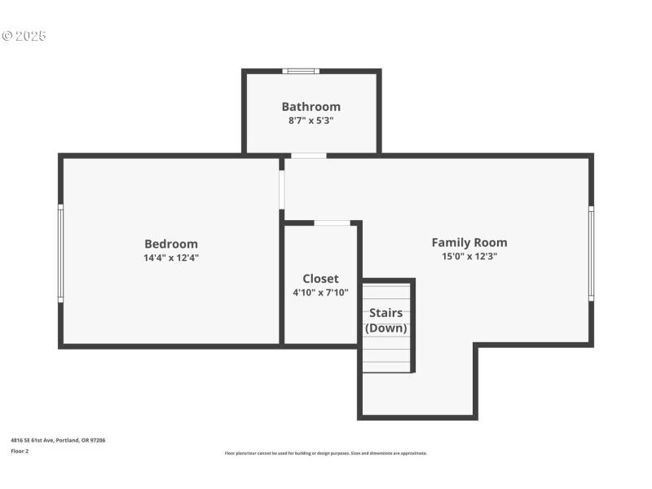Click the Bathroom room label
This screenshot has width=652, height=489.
(311, 107)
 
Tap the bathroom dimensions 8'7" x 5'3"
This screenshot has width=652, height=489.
(311, 121)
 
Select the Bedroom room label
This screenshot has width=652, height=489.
(170, 244)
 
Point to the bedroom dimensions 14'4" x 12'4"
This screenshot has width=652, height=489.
(170, 258)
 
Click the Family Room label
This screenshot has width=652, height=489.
(469, 242)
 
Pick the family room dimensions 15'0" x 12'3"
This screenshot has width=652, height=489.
(469, 256)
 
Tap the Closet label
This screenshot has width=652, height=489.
(320, 279)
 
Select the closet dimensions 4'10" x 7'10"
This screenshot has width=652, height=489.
(320, 293)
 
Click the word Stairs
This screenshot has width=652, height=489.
(385, 313)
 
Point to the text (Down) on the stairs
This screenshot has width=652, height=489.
(385, 328)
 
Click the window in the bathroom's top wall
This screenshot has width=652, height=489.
(301, 71)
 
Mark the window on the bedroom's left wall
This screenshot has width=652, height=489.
(60, 253)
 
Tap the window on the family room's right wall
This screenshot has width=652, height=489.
(591, 253)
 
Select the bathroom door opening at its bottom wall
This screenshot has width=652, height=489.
(308, 155)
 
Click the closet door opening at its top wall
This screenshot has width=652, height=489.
(332, 222)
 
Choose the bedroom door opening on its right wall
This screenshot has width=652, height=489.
(281, 190)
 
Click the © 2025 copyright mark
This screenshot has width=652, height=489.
(24, 36)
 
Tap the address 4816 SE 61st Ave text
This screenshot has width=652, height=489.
(58, 440)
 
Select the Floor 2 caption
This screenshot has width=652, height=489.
(20, 451)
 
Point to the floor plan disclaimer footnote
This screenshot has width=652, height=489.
(325, 453)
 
